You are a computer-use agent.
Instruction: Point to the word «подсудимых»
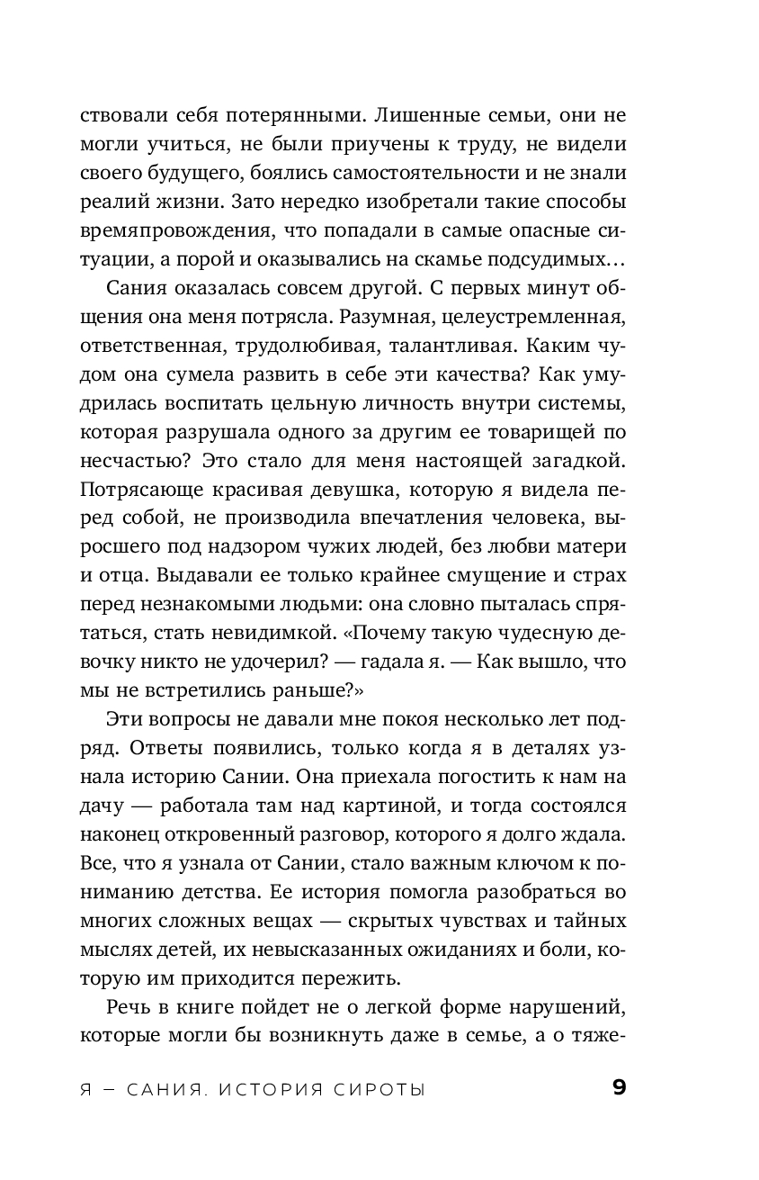pos(540,260)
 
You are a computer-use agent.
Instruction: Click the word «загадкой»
pos(567,462)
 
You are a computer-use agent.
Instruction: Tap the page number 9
pos(619,1088)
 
